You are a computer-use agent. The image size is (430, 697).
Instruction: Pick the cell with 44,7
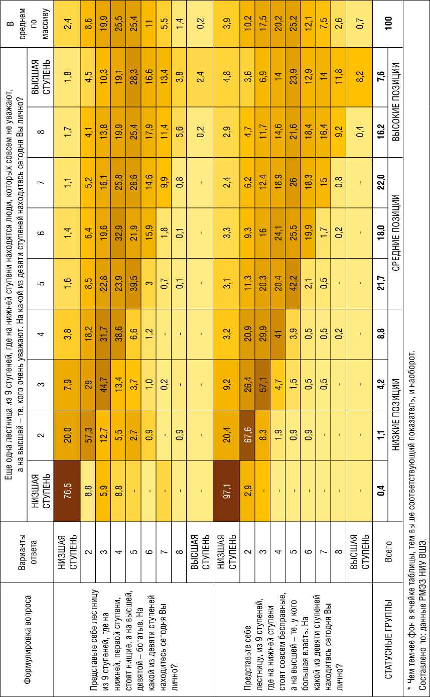coord(104,384)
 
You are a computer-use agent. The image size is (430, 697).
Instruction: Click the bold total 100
coord(387,25)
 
